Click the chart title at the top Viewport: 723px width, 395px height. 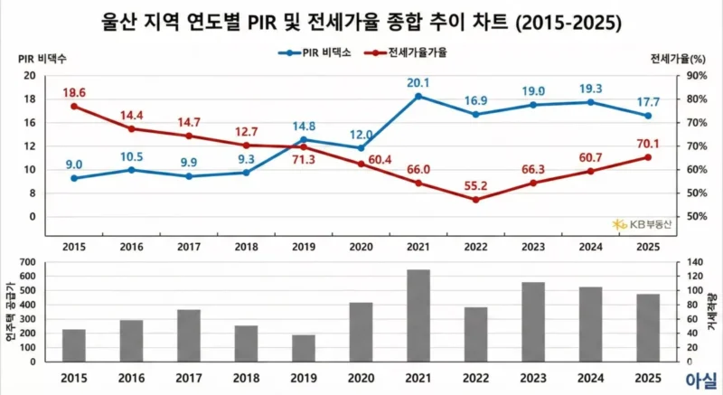(x=361, y=20)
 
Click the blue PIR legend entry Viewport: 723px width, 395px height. (x=314, y=52)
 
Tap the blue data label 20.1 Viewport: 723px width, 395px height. (x=418, y=83)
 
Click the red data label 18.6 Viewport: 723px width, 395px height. (x=74, y=93)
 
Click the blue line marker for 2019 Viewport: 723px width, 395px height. (x=304, y=139)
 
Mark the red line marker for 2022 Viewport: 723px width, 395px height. (x=475, y=200)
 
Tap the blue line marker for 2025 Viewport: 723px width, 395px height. (x=648, y=116)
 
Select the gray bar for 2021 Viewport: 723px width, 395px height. (x=418, y=315)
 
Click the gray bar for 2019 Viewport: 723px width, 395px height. (x=304, y=348)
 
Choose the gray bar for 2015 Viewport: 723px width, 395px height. (x=74, y=345)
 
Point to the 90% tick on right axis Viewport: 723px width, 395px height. (x=694, y=76)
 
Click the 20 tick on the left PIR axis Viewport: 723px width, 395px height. (x=30, y=76)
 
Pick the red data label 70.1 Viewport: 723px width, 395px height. (x=648, y=142)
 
